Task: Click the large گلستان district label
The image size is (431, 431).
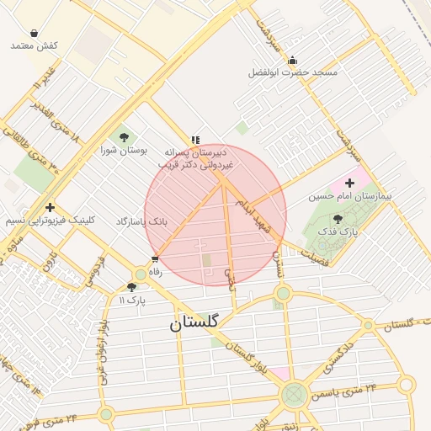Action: [193, 322]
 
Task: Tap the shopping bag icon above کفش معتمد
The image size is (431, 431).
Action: [34, 33]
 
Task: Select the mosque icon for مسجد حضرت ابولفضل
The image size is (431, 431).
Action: [292, 60]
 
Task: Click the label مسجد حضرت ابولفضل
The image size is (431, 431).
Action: [292, 73]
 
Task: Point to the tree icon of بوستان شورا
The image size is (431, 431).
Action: [125, 136]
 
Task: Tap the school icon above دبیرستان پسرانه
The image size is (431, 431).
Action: [195, 140]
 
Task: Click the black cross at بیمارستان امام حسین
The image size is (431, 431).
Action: [350, 183]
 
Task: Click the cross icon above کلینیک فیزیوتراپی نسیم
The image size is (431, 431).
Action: [51, 207]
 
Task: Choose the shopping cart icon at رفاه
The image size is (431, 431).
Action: [155, 259]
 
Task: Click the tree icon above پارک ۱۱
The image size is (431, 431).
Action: [131, 287]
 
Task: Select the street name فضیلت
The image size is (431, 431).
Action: [309, 252]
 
